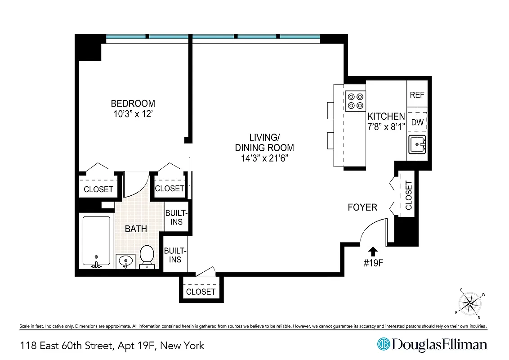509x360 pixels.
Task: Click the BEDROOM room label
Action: tap(133, 103)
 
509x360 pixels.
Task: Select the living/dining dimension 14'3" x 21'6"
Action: tap(264, 158)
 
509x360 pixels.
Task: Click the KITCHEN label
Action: tap(386, 116)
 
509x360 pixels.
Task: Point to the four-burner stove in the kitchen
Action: tap(355, 101)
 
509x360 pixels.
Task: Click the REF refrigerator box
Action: tap(417, 95)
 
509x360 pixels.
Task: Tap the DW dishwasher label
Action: tap(418, 122)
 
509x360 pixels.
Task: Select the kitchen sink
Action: tap(418, 145)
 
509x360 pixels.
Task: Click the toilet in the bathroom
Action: tap(147, 256)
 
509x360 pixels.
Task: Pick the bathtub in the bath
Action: tap(96, 241)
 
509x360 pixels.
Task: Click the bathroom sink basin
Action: tap(125, 261)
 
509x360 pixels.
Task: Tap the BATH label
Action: tap(135, 229)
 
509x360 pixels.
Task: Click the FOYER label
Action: tap(362, 207)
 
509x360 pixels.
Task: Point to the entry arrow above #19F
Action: tap(373, 251)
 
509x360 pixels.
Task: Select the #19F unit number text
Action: tap(373, 263)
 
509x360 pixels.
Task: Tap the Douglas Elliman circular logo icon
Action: tap(383, 344)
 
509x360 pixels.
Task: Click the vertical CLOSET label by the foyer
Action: tap(408, 195)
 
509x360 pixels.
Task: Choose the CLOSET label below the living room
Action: tap(201, 292)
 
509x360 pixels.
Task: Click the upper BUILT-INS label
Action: tap(176, 217)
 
